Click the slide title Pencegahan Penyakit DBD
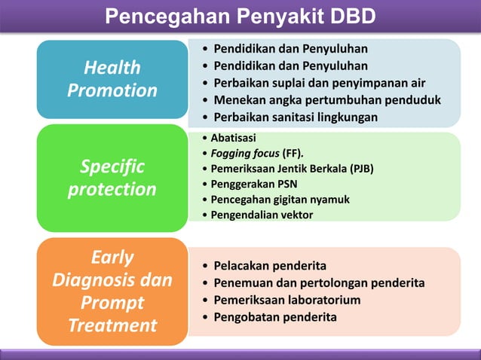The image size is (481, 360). click(x=240, y=16)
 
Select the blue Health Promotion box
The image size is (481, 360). click(x=112, y=79)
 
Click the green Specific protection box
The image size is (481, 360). click(x=112, y=178)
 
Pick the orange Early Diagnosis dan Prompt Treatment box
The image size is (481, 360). click(x=112, y=291)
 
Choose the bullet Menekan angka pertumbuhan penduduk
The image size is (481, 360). click(x=326, y=100)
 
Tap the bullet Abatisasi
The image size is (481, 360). click(x=233, y=138)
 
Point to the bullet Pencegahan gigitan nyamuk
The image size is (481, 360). click(x=280, y=200)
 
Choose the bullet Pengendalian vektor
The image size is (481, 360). click(x=262, y=215)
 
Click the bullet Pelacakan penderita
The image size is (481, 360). click(x=270, y=266)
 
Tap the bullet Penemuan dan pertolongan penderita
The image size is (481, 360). click(x=319, y=283)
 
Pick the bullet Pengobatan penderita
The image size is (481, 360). click(x=275, y=317)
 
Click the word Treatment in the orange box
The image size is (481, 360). click(x=112, y=325)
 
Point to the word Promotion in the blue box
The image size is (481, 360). click(x=112, y=90)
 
